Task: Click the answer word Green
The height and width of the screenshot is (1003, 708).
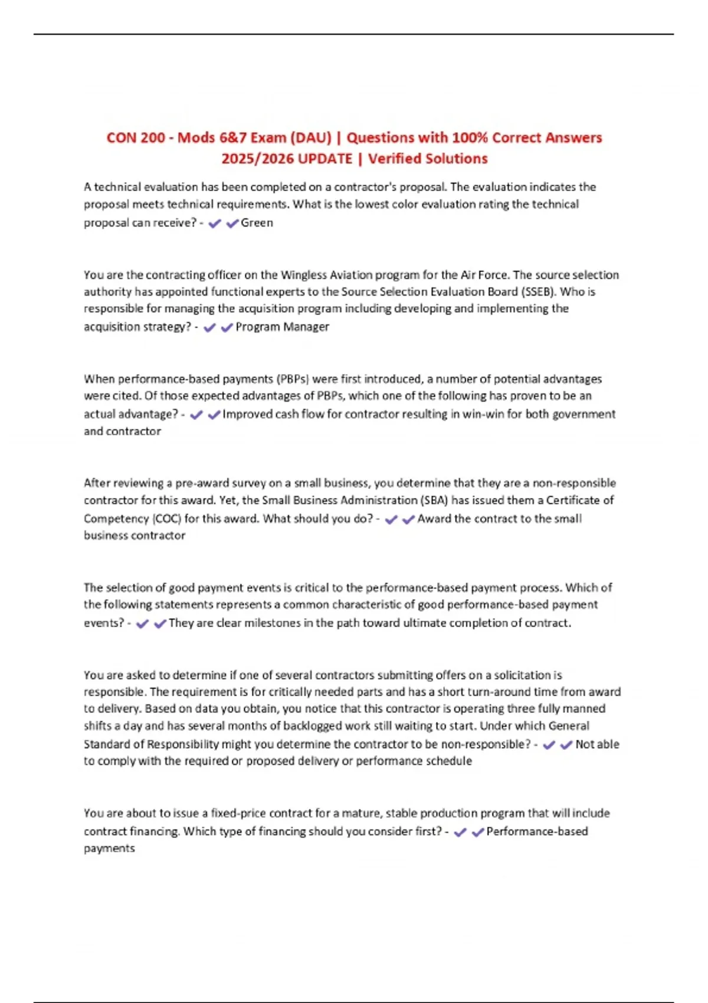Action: pos(257,223)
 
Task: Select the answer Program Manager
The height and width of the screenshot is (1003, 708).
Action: pos(282,327)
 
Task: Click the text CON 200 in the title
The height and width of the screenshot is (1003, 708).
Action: pos(136,138)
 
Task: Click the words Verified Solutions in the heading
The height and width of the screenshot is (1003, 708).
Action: pos(428,159)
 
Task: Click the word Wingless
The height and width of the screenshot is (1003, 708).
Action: pos(305,275)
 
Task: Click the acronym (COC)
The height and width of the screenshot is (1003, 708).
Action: pos(166,519)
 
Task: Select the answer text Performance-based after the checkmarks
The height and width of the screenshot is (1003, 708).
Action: pos(537,831)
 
